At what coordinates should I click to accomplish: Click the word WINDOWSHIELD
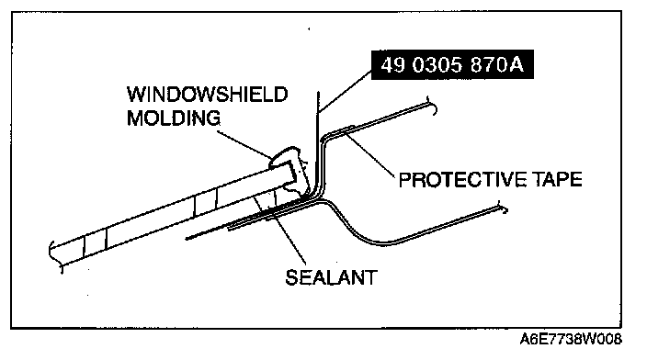(207, 95)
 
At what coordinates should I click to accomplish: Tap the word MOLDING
(174, 118)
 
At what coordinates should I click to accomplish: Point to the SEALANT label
(332, 277)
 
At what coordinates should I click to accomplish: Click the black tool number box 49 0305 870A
(452, 64)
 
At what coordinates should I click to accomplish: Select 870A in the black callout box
(497, 64)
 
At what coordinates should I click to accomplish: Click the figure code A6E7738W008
(571, 339)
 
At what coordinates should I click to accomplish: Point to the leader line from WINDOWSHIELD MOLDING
(244, 144)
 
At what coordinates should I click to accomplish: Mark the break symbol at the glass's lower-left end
(56, 255)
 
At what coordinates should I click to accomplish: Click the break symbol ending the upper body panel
(432, 106)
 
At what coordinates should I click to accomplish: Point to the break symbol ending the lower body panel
(503, 208)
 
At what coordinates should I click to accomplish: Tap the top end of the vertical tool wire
(318, 92)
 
